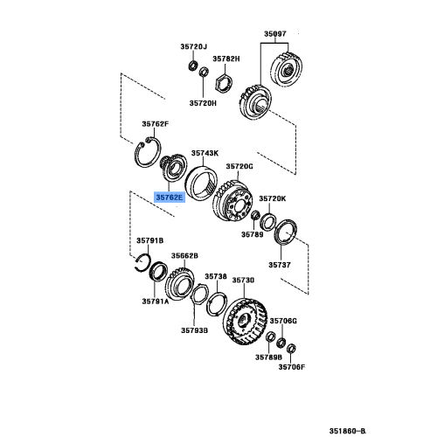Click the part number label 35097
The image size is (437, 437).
(275, 34)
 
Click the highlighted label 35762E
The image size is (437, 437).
(171, 198)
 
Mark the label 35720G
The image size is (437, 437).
(239, 165)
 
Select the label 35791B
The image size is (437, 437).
(149, 239)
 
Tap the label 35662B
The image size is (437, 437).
(184, 256)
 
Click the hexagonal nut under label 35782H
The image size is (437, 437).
(222, 82)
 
